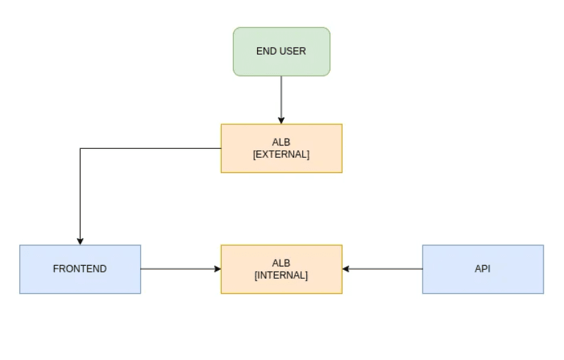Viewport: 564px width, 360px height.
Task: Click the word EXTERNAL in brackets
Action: pyautogui.click(x=281, y=155)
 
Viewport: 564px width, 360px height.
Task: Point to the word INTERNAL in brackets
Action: pyautogui.click(x=281, y=275)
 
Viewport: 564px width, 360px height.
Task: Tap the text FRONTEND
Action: pyautogui.click(x=80, y=269)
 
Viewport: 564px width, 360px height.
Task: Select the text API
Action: pyautogui.click(x=483, y=269)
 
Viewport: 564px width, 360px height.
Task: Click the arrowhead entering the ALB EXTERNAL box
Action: pyautogui.click(x=281, y=121)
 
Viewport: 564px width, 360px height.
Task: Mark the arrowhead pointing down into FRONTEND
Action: pyautogui.click(x=80, y=241)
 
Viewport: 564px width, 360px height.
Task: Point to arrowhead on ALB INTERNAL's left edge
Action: pyautogui.click(x=217, y=269)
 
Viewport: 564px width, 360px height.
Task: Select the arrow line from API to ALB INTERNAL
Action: pyautogui.click(x=383, y=269)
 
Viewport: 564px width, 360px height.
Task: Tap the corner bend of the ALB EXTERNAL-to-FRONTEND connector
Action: pyautogui.click(x=81, y=149)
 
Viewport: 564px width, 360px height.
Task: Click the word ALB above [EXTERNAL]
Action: pyautogui.click(x=281, y=143)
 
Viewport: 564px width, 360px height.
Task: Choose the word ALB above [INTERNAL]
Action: pyautogui.click(x=281, y=263)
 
